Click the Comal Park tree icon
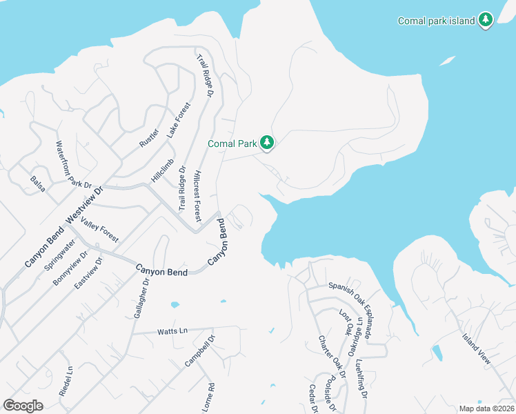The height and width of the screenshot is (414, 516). pyautogui.click(x=267, y=144)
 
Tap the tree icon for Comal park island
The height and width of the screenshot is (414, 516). pyautogui.click(x=486, y=21)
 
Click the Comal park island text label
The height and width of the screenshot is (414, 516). pyautogui.click(x=437, y=21)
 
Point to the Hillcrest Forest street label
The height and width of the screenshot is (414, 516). pyautogui.click(x=197, y=196)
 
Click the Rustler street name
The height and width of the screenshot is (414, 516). pyautogui.click(x=149, y=138)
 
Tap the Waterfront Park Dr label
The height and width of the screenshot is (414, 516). pyautogui.click(x=73, y=164)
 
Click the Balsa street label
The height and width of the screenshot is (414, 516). pyautogui.click(x=37, y=184)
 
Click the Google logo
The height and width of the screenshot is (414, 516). pyautogui.click(x=23, y=406)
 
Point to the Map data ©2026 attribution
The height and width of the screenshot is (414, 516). pyautogui.click(x=486, y=408)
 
